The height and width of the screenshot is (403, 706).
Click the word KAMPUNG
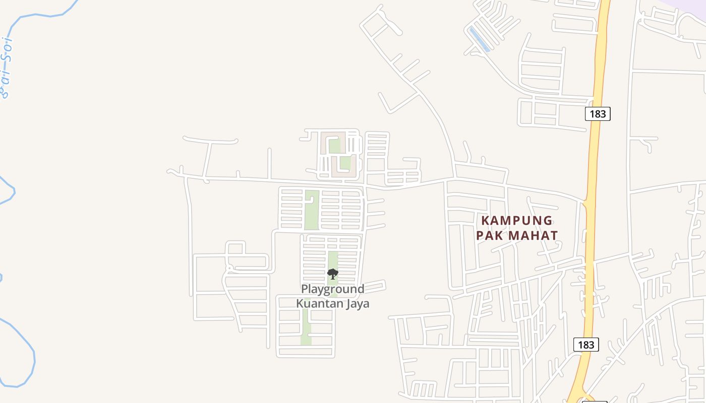517,221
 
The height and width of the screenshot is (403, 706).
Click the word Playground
332,289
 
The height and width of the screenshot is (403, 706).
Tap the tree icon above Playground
332,274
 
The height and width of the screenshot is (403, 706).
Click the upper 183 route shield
598,114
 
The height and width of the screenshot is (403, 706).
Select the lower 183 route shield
586,345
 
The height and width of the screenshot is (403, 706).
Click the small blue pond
479,40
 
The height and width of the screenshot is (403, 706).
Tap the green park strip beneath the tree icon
333,260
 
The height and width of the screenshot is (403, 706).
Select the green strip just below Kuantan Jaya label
306,327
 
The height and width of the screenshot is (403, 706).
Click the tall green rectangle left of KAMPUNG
312,210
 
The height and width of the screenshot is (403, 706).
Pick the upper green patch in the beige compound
334,146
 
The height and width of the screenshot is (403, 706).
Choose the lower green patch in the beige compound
345,163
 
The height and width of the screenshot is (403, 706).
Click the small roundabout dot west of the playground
229,267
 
